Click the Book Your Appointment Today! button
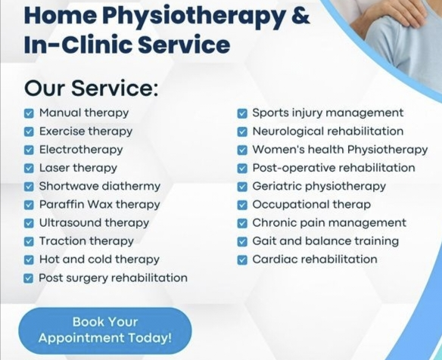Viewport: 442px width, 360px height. pos(105,331)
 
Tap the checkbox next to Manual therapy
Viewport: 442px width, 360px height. pos(29,113)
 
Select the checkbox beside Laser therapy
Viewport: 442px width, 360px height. pos(29,169)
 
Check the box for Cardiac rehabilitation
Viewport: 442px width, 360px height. pos(242,260)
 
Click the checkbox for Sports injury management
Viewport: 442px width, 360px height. pos(242,113)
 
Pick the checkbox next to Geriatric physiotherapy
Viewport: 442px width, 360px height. pos(242,187)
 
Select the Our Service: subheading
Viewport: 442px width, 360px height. pos(92,88)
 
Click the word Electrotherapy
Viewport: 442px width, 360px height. pos(81,150)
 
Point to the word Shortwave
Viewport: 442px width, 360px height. pos(69,186)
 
